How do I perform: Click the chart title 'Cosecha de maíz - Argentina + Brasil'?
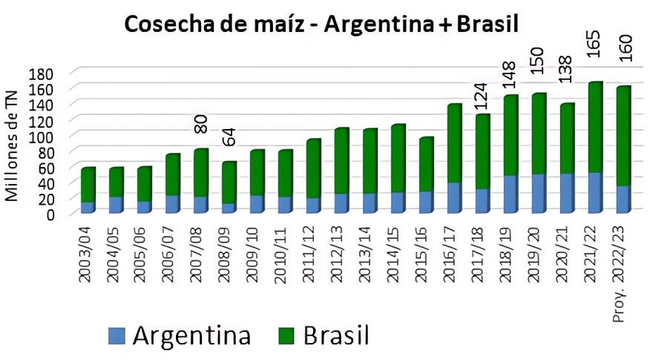point(321,24)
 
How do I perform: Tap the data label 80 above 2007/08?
point(201,123)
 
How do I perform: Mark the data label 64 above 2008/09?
point(229,137)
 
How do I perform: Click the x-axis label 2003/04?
point(88,250)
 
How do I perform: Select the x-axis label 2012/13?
point(341,250)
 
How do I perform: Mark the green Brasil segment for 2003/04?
point(88,185)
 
